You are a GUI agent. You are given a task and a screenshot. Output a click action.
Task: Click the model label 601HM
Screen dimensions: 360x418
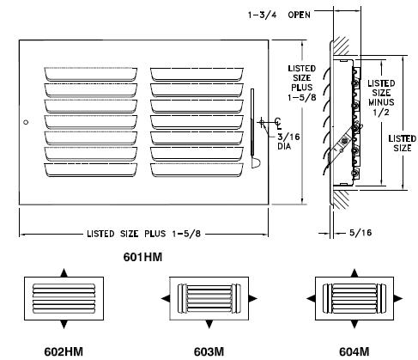click(x=144, y=256)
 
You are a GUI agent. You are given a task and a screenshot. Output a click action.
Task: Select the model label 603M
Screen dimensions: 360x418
click(x=207, y=351)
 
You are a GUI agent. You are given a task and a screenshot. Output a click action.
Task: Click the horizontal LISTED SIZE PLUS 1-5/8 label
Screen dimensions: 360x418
click(x=143, y=233)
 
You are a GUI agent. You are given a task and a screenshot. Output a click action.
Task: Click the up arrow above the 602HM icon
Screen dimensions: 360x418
click(x=64, y=272)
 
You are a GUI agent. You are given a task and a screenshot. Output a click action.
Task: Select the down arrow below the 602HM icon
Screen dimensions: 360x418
click(x=64, y=325)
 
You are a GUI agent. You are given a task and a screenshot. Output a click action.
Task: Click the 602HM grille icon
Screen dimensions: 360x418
click(x=64, y=298)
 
